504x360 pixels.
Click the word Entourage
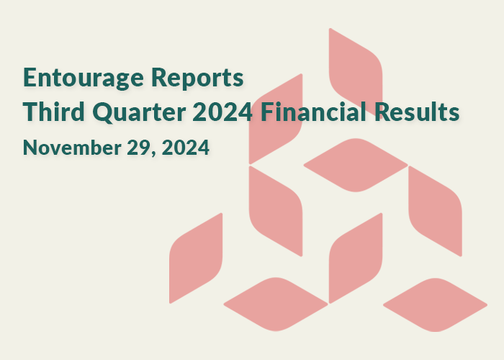[84, 78]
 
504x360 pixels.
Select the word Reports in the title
[197, 78]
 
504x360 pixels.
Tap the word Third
[54, 112]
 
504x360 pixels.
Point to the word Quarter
[139, 112]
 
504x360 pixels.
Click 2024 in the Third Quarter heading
[222, 112]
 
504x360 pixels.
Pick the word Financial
[313, 112]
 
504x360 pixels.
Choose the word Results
[417, 112]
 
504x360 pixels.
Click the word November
[72, 148]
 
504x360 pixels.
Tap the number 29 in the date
[139, 148]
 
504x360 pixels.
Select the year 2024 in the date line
[186, 148]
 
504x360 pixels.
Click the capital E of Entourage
[30, 78]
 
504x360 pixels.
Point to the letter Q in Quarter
[103, 112]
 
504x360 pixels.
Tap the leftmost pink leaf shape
[196, 258]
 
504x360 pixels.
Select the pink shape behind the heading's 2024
[276, 119]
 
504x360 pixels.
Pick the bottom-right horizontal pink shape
[435, 305]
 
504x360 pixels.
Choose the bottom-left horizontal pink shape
[276, 304]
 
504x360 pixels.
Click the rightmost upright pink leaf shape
[435, 211]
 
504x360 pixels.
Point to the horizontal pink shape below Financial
[356, 165]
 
